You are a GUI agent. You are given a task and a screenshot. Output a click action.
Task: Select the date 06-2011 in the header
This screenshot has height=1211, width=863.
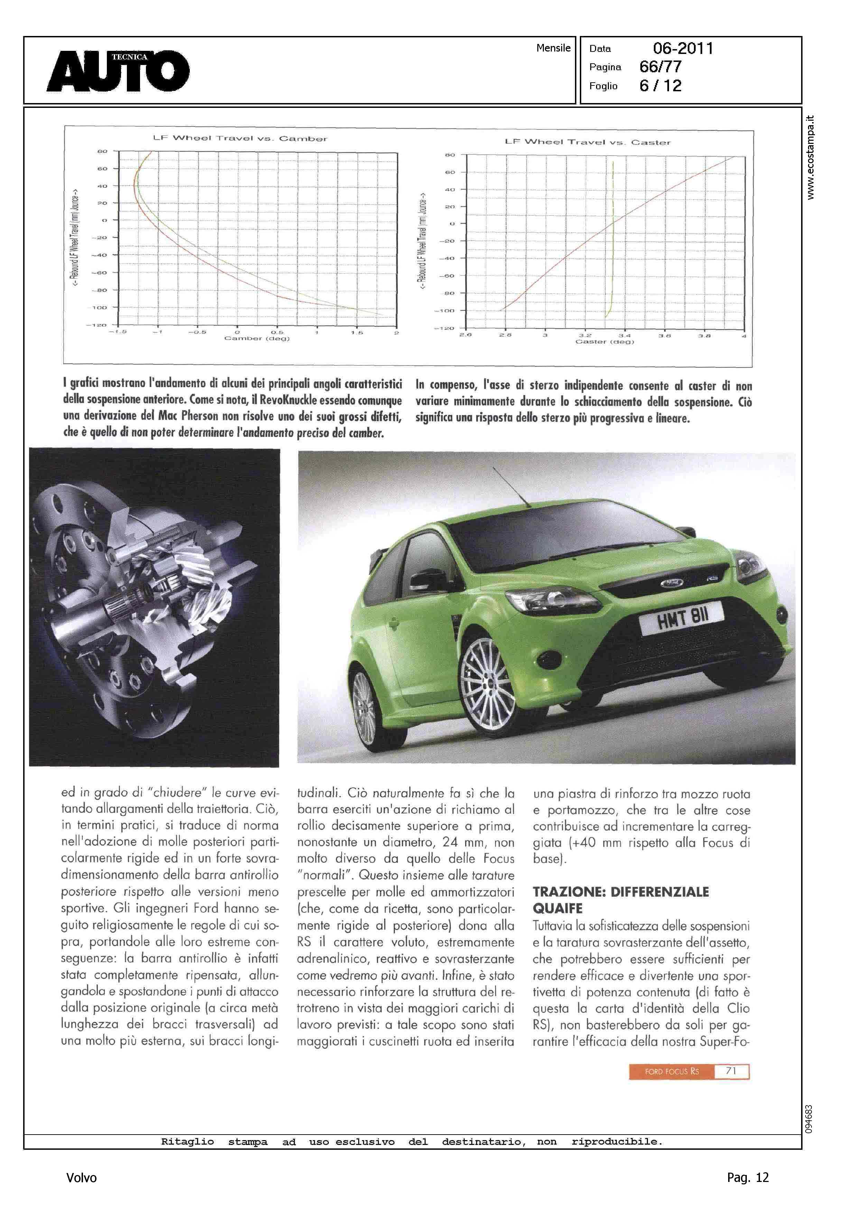pyautogui.click(x=683, y=48)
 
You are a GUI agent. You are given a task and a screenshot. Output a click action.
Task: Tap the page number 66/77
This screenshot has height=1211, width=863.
pyautogui.click(x=660, y=67)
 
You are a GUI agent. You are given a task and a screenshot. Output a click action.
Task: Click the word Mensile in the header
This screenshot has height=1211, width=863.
pyautogui.click(x=553, y=48)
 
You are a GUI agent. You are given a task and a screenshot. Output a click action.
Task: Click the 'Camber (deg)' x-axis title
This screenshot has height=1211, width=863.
pyautogui.click(x=257, y=339)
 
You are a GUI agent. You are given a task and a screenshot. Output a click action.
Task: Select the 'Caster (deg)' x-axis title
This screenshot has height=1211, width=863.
pyautogui.click(x=604, y=342)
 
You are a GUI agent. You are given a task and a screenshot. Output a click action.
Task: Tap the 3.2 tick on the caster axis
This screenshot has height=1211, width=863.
pyautogui.click(x=585, y=335)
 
